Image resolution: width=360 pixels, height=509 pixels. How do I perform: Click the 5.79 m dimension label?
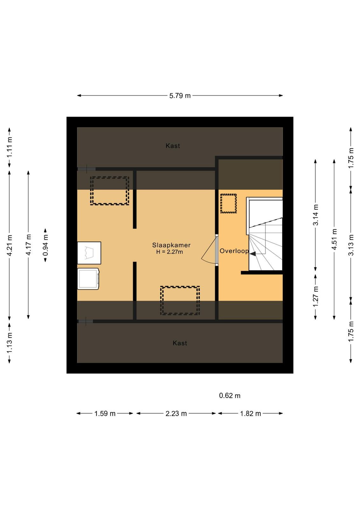click(x=180, y=96)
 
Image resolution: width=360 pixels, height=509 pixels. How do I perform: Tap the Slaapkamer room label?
click(x=171, y=245)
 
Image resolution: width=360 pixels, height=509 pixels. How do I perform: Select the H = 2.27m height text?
click(x=170, y=252)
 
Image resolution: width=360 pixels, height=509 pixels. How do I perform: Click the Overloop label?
click(x=234, y=251)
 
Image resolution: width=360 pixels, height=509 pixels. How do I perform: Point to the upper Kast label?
click(x=173, y=146)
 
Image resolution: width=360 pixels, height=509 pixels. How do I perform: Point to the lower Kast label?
click(x=180, y=343)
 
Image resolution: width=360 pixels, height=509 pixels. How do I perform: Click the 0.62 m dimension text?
click(x=230, y=396)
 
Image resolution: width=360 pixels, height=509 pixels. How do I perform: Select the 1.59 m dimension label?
click(x=105, y=413)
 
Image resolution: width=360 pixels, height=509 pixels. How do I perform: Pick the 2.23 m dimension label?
click(x=176, y=413)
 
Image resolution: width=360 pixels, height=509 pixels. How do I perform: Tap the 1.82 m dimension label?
click(x=251, y=413)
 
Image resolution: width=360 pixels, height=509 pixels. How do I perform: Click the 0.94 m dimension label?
click(x=45, y=245)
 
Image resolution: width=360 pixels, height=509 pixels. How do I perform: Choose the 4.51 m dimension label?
click(x=334, y=239)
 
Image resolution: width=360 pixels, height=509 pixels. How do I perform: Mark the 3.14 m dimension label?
click(x=315, y=215)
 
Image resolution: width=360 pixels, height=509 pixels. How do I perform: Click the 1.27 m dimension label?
click(x=315, y=296)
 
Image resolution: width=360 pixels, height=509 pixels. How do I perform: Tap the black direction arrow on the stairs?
click(x=253, y=254)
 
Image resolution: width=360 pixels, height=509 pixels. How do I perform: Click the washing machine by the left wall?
click(x=88, y=279)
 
